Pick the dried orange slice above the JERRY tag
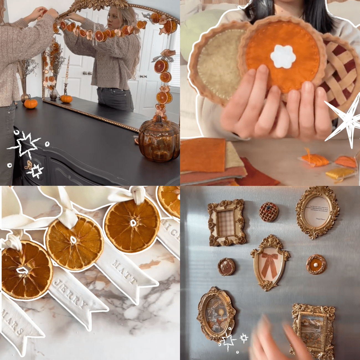(74, 242)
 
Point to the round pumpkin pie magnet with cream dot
(316, 264)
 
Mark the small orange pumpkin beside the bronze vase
(30, 104)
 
